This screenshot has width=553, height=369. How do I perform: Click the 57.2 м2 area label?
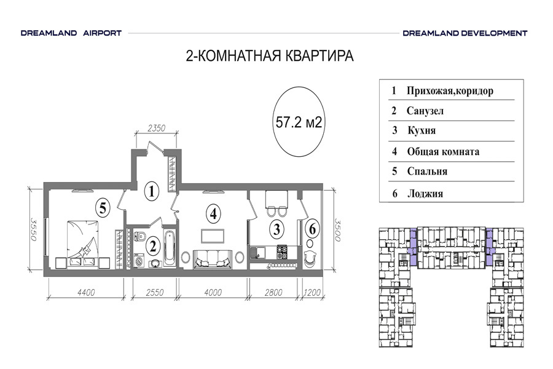[x=299, y=122]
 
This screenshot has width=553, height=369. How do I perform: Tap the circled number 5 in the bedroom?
[x=103, y=208]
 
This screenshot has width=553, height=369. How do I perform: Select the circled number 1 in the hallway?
[x=152, y=191]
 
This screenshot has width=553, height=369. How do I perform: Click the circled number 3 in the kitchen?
[x=277, y=229]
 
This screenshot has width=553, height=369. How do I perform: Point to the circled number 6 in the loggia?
[x=313, y=229]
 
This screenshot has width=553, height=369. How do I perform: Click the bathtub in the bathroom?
[x=170, y=248]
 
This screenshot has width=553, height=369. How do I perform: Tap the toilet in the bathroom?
[x=141, y=236]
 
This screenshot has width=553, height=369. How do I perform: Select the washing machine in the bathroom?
[x=139, y=261]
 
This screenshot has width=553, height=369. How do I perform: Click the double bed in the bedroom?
[x=82, y=244]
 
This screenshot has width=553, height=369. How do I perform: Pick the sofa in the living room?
[x=213, y=260]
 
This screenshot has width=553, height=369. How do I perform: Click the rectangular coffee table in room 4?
[x=213, y=236]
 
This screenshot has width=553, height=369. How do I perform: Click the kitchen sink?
[x=258, y=253]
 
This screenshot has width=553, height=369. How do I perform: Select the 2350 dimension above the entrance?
[x=156, y=128]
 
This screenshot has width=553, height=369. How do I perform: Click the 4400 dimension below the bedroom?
[x=86, y=292]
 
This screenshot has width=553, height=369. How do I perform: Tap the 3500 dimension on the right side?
[x=337, y=230]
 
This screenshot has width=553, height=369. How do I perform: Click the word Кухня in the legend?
[x=422, y=130]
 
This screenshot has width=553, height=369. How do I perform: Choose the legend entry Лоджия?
[x=425, y=194]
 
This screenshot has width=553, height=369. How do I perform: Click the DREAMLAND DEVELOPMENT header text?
[x=465, y=33]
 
